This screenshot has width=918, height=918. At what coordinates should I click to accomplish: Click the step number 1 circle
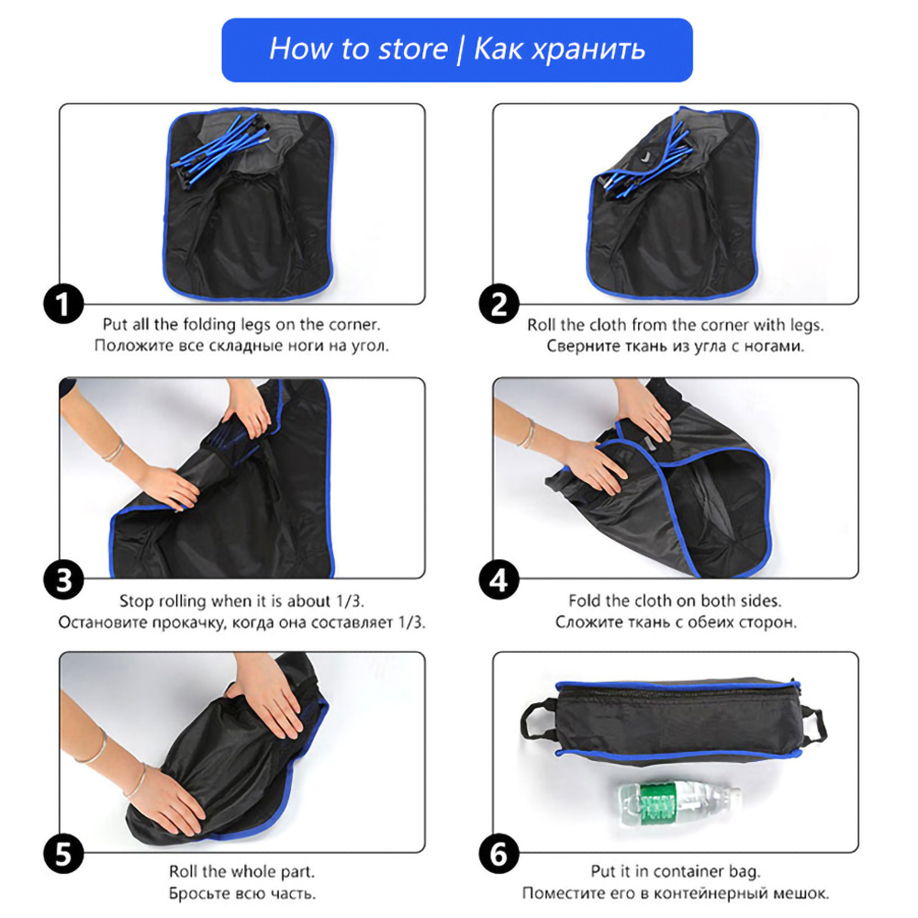coord(64,304)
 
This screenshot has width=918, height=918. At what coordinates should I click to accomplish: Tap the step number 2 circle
coord(498,304)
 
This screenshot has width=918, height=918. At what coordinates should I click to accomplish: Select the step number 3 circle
coord(64,579)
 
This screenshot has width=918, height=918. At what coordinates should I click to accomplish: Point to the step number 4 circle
coord(498,579)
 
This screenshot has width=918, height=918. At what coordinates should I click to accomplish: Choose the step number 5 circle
coord(64,854)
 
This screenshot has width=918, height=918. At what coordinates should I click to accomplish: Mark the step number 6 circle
coord(498,854)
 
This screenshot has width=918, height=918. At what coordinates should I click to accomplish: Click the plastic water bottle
coord(679,801)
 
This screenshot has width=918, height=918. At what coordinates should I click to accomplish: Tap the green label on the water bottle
coord(657,802)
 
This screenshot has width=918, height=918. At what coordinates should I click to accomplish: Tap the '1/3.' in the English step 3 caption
coord(350,601)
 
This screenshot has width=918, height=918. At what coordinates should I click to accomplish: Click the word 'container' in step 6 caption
coord(690,872)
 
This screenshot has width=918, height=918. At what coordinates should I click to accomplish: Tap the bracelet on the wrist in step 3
coord(113,452)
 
